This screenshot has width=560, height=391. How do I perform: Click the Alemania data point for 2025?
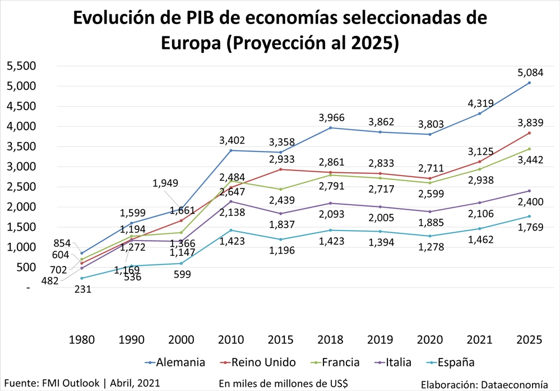(529, 83)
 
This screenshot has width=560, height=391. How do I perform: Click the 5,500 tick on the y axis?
(21, 66)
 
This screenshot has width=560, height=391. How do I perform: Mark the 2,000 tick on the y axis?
(21, 207)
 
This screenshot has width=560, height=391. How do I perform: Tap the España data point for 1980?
(82, 278)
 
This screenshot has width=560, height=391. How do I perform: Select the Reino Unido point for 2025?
(529, 133)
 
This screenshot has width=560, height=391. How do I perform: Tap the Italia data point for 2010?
(232, 201)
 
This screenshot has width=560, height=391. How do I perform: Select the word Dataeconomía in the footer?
(513, 384)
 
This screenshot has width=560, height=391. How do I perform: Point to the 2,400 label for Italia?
(529, 203)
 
